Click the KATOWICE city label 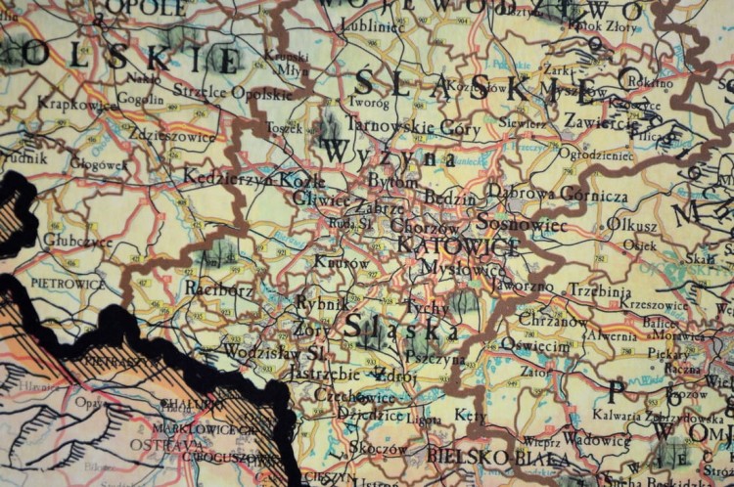(458, 246)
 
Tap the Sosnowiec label (523, 225)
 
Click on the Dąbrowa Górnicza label (557, 195)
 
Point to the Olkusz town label (632, 223)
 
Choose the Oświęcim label (535, 345)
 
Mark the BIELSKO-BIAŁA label (484, 456)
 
